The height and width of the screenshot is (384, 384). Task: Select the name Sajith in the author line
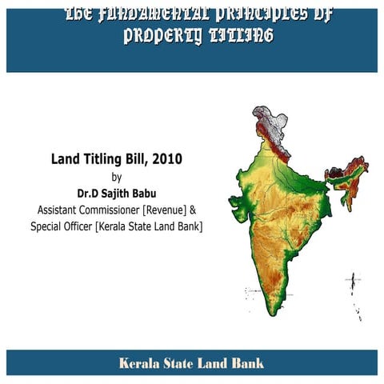(117, 193)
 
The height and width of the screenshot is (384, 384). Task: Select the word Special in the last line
(48, 226)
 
